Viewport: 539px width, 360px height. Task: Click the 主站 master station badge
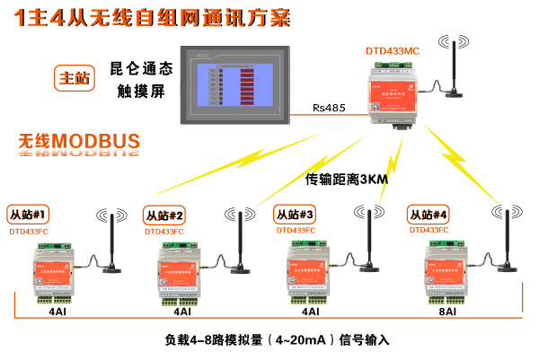click(x=74, y=78)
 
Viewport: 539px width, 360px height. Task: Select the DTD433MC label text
click(x=393, y=51)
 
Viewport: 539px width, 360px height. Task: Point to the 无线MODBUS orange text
click(x=79, y=141)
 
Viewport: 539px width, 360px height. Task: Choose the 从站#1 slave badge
click(x=28, y=215)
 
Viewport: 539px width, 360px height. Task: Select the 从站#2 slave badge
click(x=164, y=215)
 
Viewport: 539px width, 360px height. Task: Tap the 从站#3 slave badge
click(x=295, y=215)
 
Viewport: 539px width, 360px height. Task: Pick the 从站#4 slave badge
click(x=429, y=215)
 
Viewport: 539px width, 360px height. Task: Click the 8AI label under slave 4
click(x=447, y=312)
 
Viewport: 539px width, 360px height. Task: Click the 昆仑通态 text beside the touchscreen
click(x=140, y=68)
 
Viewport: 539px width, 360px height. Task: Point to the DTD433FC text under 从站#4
click(x=430, y=231)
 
